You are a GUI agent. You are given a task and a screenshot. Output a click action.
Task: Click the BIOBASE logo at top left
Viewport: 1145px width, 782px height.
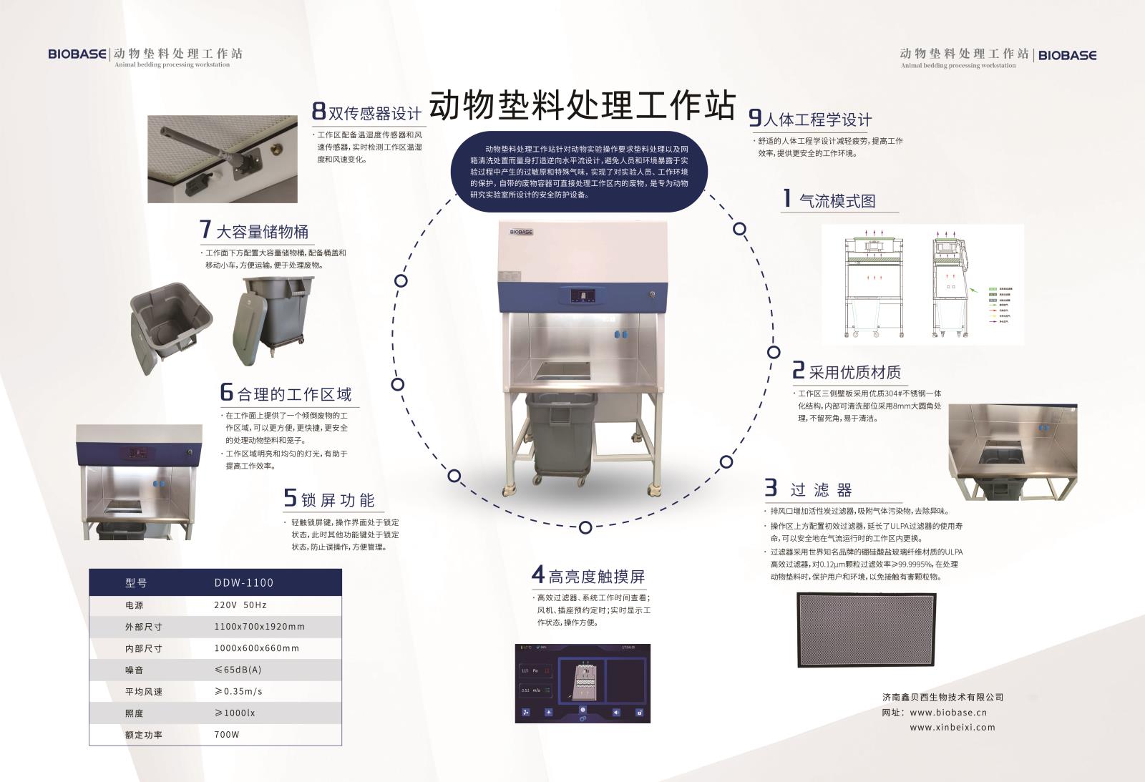[77, 54]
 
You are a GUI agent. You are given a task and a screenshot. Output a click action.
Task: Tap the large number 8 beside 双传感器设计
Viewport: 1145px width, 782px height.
[318, 112]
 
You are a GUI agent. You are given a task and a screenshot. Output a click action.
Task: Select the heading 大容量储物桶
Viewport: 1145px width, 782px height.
[262, 232]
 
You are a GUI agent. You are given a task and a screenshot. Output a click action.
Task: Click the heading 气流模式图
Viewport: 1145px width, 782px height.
[837, 201]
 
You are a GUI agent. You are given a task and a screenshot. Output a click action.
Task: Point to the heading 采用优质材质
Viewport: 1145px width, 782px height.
[854, 372]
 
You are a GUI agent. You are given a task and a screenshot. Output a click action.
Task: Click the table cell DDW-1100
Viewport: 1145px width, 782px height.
[243, 582]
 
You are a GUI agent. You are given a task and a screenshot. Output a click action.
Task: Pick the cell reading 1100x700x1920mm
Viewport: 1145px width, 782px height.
[259, 626]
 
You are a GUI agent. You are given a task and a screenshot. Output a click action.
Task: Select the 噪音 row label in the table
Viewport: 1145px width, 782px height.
[135, 670]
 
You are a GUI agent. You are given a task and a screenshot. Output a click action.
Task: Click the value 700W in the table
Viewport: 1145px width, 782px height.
[226, 735]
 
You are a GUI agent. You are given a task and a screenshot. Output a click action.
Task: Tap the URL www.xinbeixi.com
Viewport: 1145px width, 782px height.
[952, 727]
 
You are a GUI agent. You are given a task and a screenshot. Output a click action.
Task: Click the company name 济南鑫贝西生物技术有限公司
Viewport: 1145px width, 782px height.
[942, 697]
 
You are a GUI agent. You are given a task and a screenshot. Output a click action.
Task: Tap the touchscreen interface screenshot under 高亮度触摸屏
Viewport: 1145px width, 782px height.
[584, 683]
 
